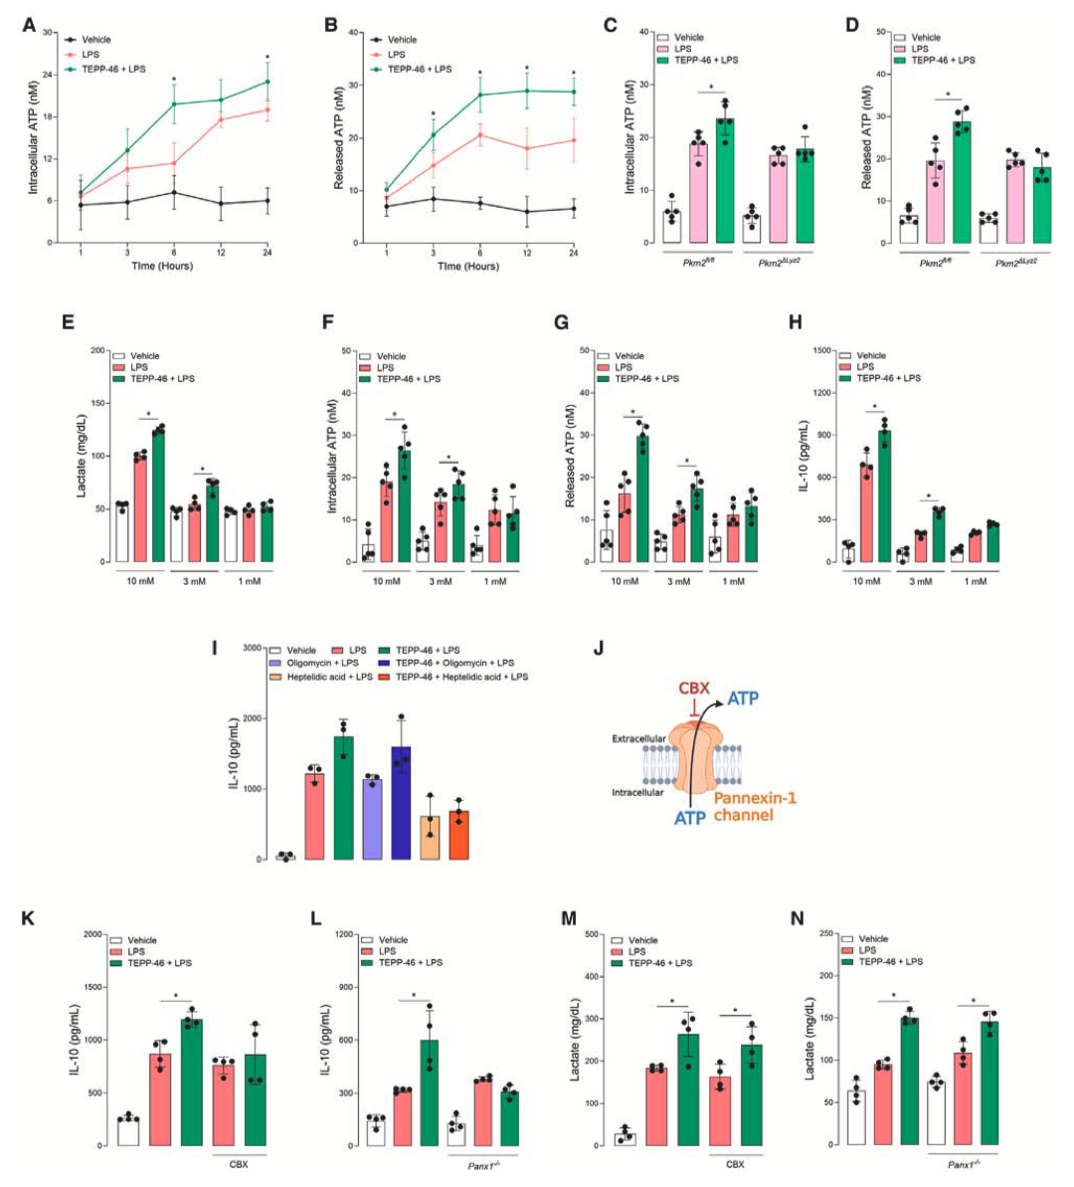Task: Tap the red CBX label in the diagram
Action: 694,689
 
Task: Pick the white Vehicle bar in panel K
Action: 128,1131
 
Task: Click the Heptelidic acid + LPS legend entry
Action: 326,677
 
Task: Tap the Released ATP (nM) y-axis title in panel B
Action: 340,137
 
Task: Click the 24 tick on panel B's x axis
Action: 573,253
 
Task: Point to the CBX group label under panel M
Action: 735,1163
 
